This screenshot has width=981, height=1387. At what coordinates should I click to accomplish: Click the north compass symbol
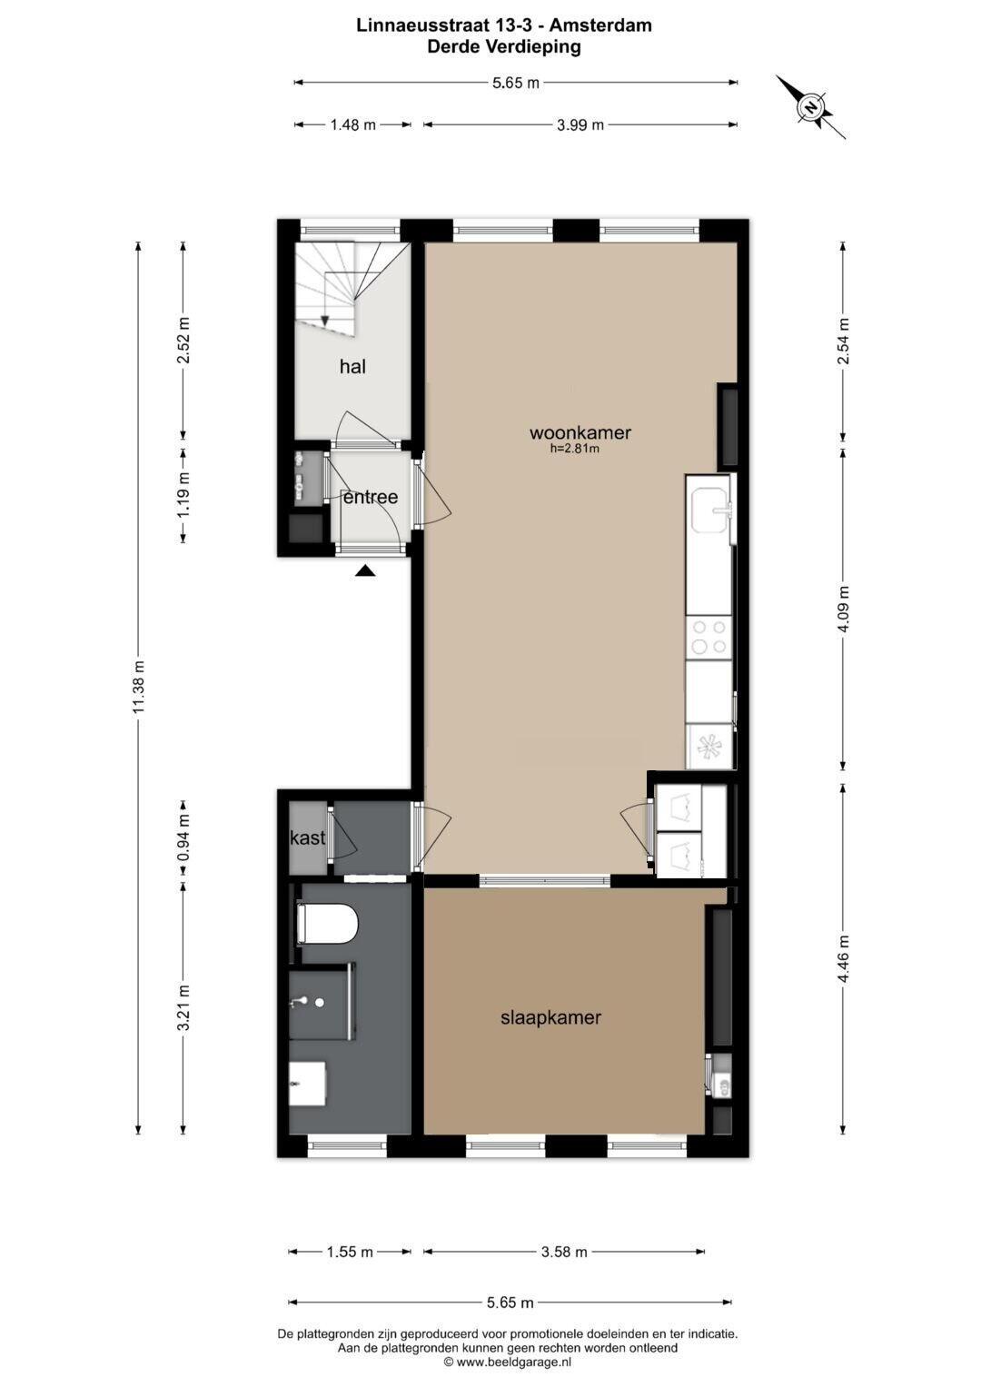pos(810,107)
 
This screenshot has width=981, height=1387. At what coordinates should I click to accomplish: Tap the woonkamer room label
pos(580,432)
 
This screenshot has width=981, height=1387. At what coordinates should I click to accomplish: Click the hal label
pos(352,367)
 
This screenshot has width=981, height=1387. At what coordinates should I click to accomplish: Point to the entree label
pos(371,497)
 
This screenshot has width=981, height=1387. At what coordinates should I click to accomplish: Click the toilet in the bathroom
pos(326,924)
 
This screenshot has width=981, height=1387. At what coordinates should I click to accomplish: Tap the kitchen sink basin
pos(711,510)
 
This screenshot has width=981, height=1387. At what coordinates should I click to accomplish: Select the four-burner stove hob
pos(709,638)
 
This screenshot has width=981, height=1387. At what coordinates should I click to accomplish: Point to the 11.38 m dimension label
pos(139,686)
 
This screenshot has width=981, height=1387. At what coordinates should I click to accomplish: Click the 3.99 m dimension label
pos(580,125)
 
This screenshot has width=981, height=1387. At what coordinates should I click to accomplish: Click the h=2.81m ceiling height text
pos(575,449)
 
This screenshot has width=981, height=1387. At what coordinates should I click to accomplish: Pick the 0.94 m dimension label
pos(183,837)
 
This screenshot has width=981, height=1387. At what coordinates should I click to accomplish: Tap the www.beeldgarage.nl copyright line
pos(507,1362)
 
